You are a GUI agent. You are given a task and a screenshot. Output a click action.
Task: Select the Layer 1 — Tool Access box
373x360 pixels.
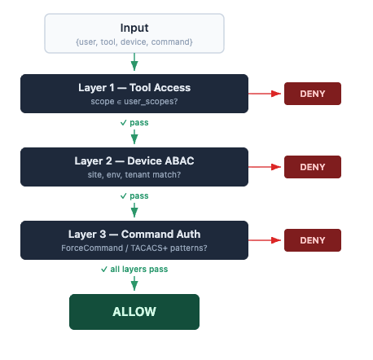tap(134, 94)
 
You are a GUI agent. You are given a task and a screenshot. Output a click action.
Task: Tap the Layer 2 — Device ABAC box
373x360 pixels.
tap(134, 167)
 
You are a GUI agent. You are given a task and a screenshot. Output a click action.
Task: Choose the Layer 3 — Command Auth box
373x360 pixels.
tap(134, 240)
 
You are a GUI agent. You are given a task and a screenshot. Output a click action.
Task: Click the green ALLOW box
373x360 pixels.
tap(134, 312)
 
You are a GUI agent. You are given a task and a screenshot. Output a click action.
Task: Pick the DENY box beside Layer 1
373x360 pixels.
tap(312, 94)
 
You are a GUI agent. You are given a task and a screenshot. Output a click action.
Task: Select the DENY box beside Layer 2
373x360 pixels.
tap(312, 167)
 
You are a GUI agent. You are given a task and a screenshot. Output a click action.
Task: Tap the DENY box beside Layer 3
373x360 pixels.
tap(312, 240)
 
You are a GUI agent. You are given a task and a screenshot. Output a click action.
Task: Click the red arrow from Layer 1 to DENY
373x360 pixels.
tap(265, 94)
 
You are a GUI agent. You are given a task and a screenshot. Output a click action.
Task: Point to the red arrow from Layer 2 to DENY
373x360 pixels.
tap(265, 167)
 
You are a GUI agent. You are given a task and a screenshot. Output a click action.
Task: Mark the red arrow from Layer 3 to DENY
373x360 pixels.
tap(265, 240)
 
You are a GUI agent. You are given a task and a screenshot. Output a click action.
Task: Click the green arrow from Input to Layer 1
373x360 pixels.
tap(134, 63)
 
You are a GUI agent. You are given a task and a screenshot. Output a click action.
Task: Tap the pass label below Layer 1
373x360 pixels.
tap(134, 122)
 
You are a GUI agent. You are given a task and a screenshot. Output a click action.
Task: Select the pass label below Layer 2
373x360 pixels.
tap(134, 195)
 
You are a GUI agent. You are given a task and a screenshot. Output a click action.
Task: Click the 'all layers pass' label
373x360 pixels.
tap(134, 268)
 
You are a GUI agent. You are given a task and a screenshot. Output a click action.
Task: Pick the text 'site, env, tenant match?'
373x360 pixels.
tap(134, 175)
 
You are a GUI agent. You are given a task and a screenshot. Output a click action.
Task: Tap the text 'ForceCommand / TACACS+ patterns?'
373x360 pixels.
tap(134, 248)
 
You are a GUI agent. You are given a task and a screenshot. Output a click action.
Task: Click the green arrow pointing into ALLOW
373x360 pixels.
tap(134, 283)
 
